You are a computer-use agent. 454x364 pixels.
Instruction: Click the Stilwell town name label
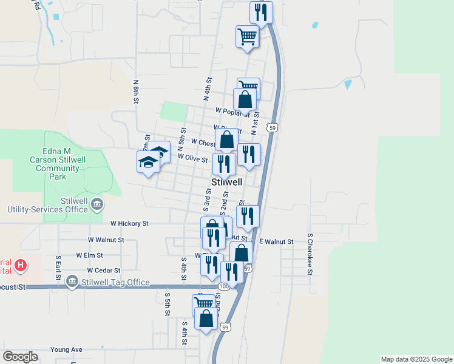(227, 182)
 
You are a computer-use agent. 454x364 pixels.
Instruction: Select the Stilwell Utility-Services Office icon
(97, 205)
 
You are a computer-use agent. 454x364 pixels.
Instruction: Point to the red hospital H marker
(21, 265)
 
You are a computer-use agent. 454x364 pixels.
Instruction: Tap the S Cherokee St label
(309, 254)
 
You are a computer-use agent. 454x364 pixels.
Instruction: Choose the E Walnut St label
(276, 241)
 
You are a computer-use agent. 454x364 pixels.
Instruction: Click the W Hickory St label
(129, 224)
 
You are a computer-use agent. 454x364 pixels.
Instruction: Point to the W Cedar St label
(104, 271)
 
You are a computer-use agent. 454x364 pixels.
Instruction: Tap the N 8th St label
(137, 92)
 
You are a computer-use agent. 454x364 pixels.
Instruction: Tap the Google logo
(21, 357)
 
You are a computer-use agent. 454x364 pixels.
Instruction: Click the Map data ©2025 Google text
(416, 359)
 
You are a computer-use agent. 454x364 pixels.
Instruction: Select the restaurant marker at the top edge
(261, 12)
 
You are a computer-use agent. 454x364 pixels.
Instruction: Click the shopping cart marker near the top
(248, 36)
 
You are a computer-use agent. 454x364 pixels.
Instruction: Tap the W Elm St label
(90, 255)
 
